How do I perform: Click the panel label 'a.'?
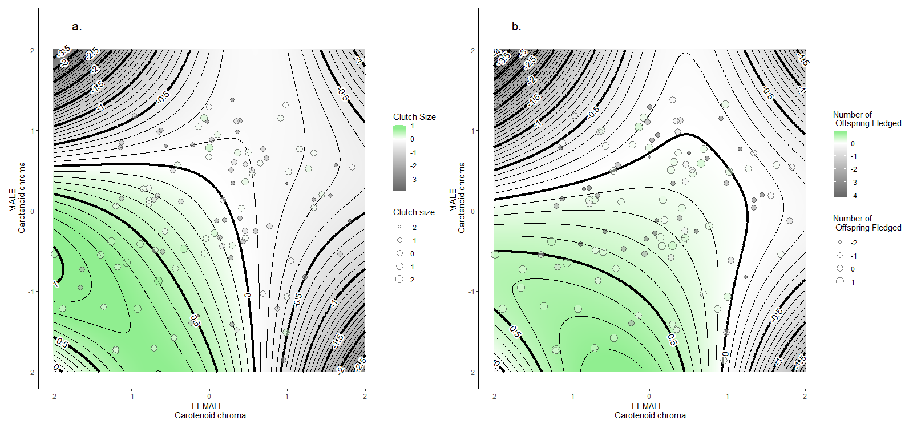coord(77,27)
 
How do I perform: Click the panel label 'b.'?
coord(516,27)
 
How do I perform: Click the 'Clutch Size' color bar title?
coord(414,116)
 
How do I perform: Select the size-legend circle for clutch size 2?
coord(399,280)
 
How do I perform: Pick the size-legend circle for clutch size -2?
coord(399,227)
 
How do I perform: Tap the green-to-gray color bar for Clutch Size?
coord(399,158)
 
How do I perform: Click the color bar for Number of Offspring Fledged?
coord(840,164)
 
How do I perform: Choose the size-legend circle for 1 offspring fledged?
coord(840,282)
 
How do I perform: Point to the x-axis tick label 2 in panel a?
coord(365,396)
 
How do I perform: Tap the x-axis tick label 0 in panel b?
coord(649,396)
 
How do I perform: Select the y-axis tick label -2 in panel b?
coord(472,372)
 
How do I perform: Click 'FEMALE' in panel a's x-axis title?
coord(208,406)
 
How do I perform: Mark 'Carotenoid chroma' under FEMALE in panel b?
coord(650,415)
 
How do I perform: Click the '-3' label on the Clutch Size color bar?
coord(413,180)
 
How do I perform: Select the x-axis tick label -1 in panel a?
coord(131,396)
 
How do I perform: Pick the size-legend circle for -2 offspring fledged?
coord(840,243)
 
